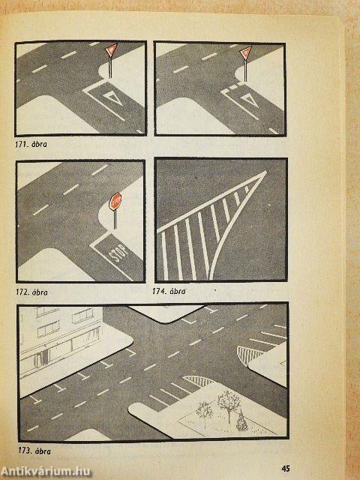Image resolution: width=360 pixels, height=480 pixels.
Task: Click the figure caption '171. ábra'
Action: [x=31, y=144]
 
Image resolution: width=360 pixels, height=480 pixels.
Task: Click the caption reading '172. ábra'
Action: [x=31, y=292]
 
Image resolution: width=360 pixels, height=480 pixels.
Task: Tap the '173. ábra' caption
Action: [x=34, y=451]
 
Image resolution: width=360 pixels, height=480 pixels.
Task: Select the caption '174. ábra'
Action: [x=169, y=291]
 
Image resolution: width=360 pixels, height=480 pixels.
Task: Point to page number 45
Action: [x=285, y=469]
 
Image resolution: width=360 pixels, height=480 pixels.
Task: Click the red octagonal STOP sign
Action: [x=115, y=201]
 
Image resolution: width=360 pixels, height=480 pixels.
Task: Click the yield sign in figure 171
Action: [x=111, y=50]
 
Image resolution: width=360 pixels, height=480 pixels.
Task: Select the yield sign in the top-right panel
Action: [x=245, y=52]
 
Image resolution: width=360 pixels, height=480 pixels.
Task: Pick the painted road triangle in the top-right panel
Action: [x=250, y=100]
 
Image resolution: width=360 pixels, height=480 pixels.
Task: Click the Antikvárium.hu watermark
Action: [x=46, y=472]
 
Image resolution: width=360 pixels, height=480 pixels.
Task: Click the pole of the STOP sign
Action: [x=115, y=220]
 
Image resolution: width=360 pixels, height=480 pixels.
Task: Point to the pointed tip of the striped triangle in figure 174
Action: [x=265, y=172]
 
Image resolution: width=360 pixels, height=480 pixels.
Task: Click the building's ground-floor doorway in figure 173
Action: [x=42, y=359]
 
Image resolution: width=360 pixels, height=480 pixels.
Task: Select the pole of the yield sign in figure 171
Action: [x=110, y=67]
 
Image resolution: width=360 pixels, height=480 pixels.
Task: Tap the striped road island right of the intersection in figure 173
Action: [x=248, y=355]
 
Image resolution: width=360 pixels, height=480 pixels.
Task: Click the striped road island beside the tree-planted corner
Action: [x=199, y=381]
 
